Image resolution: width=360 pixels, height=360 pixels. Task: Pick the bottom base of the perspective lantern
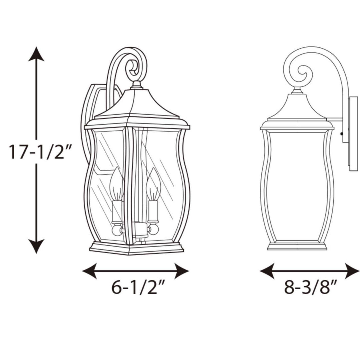(137, 248)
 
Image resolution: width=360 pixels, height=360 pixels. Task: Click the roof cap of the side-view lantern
(297, 107)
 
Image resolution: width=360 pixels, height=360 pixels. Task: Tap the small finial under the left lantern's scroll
(136, 85)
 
